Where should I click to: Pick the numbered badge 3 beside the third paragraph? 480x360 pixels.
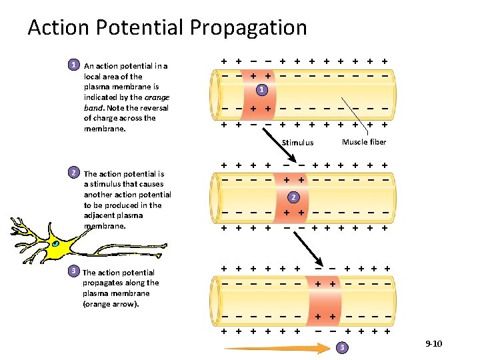(75, 271)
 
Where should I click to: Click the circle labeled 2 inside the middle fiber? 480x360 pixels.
(291, 197)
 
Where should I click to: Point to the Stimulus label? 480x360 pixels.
(297, 143)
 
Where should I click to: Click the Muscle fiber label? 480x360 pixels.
(364, 142)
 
